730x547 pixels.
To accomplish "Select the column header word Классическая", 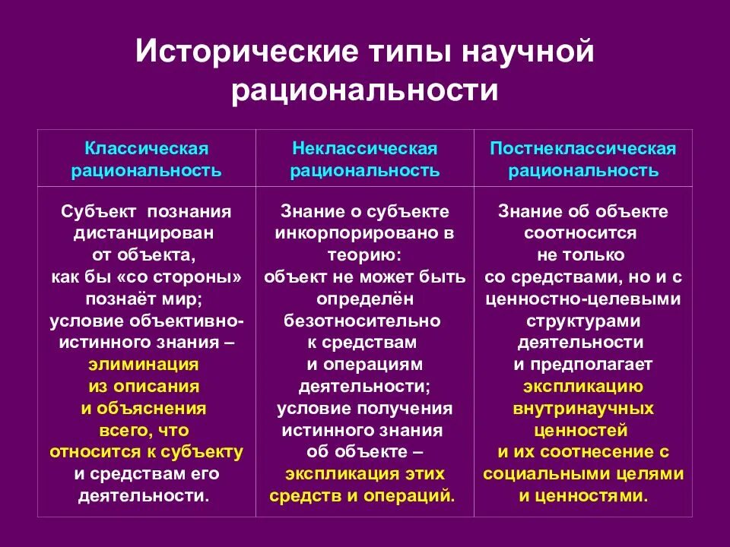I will point(146,149).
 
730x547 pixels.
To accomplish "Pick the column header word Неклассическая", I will point(364,149).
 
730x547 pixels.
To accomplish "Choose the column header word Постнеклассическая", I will point(583,149).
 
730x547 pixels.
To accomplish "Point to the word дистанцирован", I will point(146,233).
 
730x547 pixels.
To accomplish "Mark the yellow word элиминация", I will point(144,364).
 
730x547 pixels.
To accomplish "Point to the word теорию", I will point(364,255).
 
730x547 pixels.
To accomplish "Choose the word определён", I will point(364,299).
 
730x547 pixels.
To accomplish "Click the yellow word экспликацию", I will point(583,387).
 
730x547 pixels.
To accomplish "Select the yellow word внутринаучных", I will point(583,409).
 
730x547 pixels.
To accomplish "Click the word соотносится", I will point(583,233).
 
